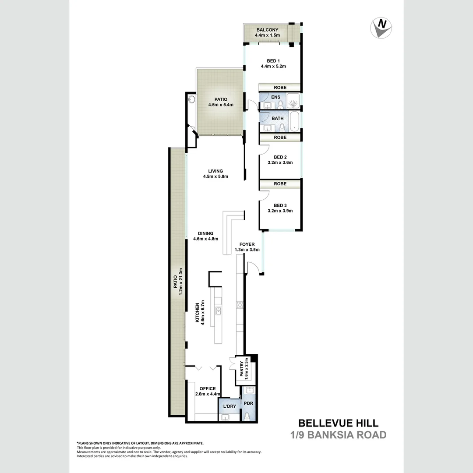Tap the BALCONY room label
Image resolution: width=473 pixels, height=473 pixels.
268,30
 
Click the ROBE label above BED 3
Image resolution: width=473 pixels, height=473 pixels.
280,184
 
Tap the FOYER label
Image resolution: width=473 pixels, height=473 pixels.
247,244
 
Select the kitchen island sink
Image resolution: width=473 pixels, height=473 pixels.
218,311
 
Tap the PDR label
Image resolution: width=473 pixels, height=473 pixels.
249,403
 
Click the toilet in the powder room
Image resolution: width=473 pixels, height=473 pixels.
247,416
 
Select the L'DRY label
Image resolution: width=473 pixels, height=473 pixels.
229,406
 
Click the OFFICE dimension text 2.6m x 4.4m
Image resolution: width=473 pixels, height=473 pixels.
208,394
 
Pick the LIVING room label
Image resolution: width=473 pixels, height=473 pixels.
216,171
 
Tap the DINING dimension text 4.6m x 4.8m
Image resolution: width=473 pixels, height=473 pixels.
206,239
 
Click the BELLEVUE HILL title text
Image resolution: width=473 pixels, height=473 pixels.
339,423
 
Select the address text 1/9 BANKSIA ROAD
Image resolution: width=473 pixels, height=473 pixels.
339,435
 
